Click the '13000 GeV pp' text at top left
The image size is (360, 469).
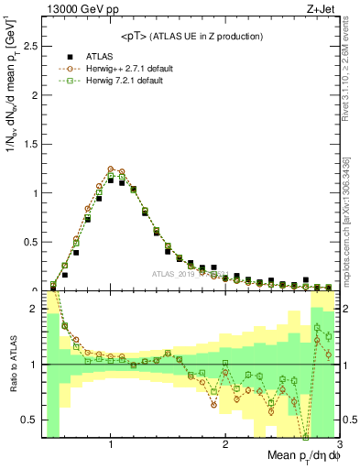pos(81,9)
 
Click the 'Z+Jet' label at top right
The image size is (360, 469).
pos(322,9)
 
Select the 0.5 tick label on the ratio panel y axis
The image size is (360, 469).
pos(28,420)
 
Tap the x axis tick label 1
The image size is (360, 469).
pos(111,444)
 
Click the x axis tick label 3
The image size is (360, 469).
pos(338,444)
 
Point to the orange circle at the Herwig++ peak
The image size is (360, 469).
pos(111,169)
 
